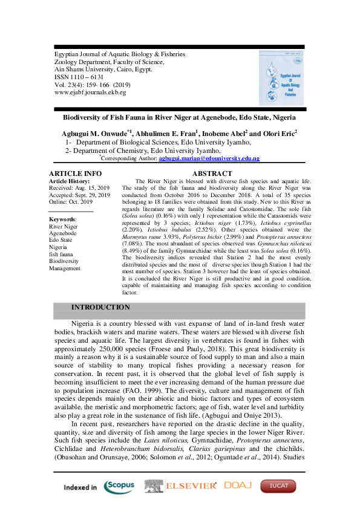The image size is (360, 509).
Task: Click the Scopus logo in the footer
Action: coord(120,486)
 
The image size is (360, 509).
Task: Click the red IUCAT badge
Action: coord(278,486)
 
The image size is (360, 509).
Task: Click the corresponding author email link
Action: coord(209,158)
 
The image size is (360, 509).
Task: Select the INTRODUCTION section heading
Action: coord(100,308)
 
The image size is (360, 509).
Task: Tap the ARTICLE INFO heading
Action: coord(75,174)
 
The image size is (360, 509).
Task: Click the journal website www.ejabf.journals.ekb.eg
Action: coord(90,92)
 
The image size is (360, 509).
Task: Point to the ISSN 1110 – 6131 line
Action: coord(79,77)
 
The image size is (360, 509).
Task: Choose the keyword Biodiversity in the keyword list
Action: coord(65,261)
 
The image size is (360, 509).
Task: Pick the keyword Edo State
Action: coord(62,240)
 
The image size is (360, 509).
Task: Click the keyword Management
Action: coord(65,268)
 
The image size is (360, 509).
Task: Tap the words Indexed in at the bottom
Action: coord(80,487)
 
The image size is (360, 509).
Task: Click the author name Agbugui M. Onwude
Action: coord(96,132)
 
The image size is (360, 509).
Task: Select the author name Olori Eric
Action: coord(277,132)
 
